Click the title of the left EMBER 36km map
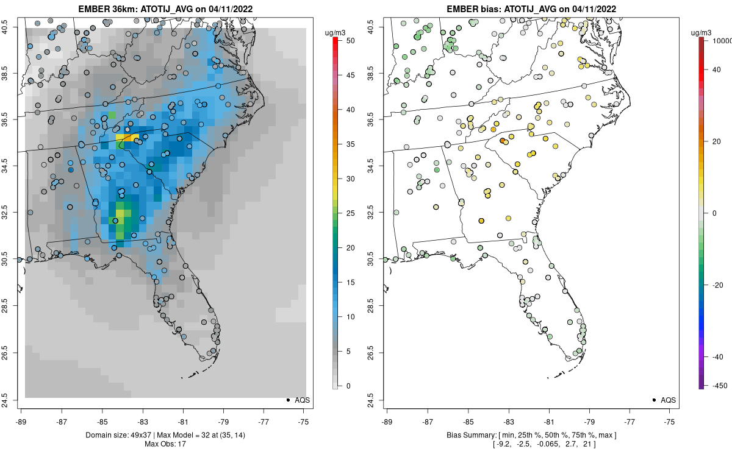coord(165,9)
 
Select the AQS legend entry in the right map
coord(669,400)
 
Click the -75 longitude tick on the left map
coord(304,421)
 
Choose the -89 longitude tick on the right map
coord(387,421)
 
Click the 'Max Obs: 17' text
coord(165,444)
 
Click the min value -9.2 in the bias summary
coord(507,444)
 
